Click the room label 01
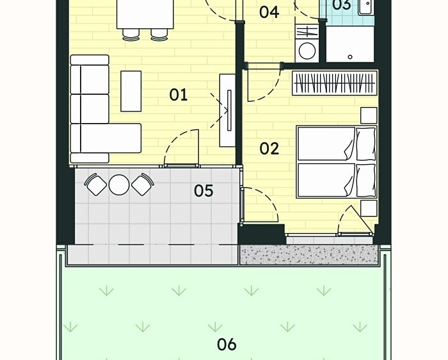point(179,95)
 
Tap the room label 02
point(269,149)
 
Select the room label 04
point(269,12)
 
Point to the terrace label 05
point(204,191)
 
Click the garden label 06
point(227,344)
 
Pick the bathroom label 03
point(342,4)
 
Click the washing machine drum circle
point(307,51)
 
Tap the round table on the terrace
point(119,184)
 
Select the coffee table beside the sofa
point(131,91)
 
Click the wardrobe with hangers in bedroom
point(335,83)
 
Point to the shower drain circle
point(350,57)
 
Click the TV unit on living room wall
point(227,110)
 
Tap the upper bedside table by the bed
point(369,115)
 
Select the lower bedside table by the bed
point(369,208)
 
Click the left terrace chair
point(96,184)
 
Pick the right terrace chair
point(142,184)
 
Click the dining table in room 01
point(145,14)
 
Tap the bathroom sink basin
point(366,7)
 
